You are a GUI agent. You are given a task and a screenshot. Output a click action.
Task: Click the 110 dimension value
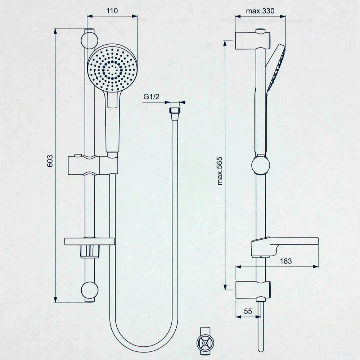point(112,11)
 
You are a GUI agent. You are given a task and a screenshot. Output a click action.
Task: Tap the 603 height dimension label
point(50,161)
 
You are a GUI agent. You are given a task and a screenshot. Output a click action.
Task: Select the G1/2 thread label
point(151,96)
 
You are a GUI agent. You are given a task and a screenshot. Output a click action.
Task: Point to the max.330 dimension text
point(260,11)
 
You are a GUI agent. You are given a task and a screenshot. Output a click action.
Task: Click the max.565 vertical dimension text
point(220,170)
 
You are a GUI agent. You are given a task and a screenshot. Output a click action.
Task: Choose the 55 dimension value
point(247,312)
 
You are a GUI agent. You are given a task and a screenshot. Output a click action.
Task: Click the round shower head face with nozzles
point(112,68)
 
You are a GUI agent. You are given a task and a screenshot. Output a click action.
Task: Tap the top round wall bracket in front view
point(89,40)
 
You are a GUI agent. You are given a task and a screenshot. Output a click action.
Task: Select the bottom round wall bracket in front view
point(89,290)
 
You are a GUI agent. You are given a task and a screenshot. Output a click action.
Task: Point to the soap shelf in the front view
point(90,241)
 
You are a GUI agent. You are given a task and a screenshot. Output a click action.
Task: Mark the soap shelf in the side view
point(284,245)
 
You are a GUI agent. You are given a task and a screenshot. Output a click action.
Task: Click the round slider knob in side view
point(260,165)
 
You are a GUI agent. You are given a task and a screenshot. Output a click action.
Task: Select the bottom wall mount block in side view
point(252,289)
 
